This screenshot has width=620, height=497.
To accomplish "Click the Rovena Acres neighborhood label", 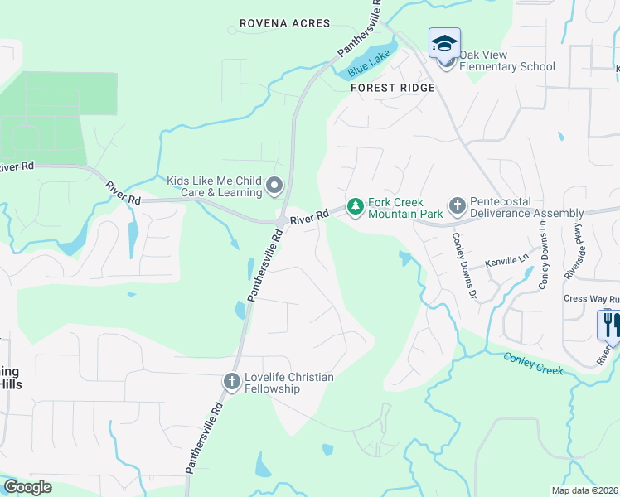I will coord(284,23).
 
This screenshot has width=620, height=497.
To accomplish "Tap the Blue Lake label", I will coord(369,59).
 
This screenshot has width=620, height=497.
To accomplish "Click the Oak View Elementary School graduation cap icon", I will coord(444,42).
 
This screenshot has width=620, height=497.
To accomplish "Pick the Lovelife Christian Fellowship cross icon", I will coord(232,382).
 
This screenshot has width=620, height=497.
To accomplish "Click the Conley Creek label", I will coord(533,362).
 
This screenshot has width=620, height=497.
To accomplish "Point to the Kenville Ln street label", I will coord(506,260).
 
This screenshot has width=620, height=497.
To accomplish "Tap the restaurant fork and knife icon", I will coord(609,324).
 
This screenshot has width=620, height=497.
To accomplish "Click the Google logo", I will coord(28,487).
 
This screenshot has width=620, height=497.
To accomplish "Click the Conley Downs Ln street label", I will coord(544,253).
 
